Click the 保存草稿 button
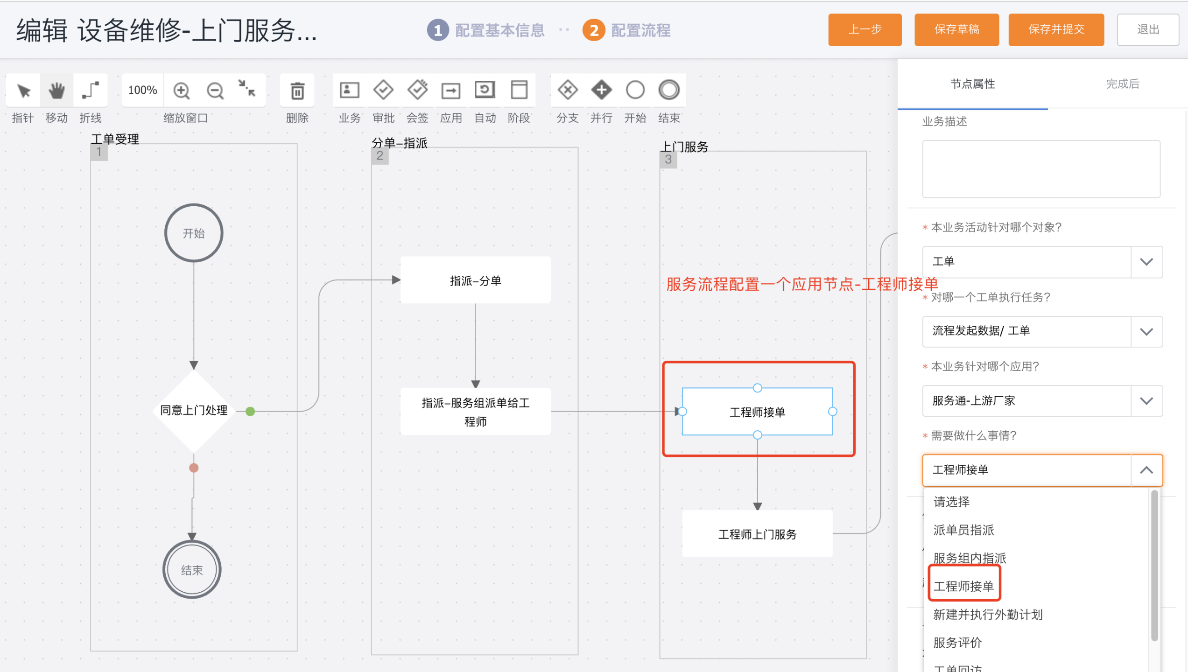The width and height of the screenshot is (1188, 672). click(956, 30)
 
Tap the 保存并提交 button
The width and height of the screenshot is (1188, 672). click(1056, 30)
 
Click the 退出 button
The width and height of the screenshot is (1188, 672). click(1148, 30)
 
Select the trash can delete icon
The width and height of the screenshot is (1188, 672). click(297, 91)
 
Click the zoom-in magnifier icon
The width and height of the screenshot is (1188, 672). click(181, 91)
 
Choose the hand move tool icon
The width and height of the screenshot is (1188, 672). click(56, 91)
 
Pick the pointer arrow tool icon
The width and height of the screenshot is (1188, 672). click(23, 91)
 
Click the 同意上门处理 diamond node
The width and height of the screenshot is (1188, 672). click(194, 411)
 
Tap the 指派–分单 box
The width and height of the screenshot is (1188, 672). click(476, 280)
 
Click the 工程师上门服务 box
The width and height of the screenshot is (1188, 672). click(757, 534)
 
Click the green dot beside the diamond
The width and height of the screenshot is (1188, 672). click(250, 411)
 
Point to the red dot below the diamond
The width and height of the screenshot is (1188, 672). click(194, 468)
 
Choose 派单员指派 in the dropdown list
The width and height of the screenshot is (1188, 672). click(963, 530)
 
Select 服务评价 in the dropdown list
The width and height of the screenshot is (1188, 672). click(957, 643)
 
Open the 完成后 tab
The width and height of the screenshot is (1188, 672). click(1123, 84)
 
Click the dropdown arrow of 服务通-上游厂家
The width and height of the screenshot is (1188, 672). click(1146, 401)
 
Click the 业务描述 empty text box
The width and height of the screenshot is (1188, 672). click(1041, 169)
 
